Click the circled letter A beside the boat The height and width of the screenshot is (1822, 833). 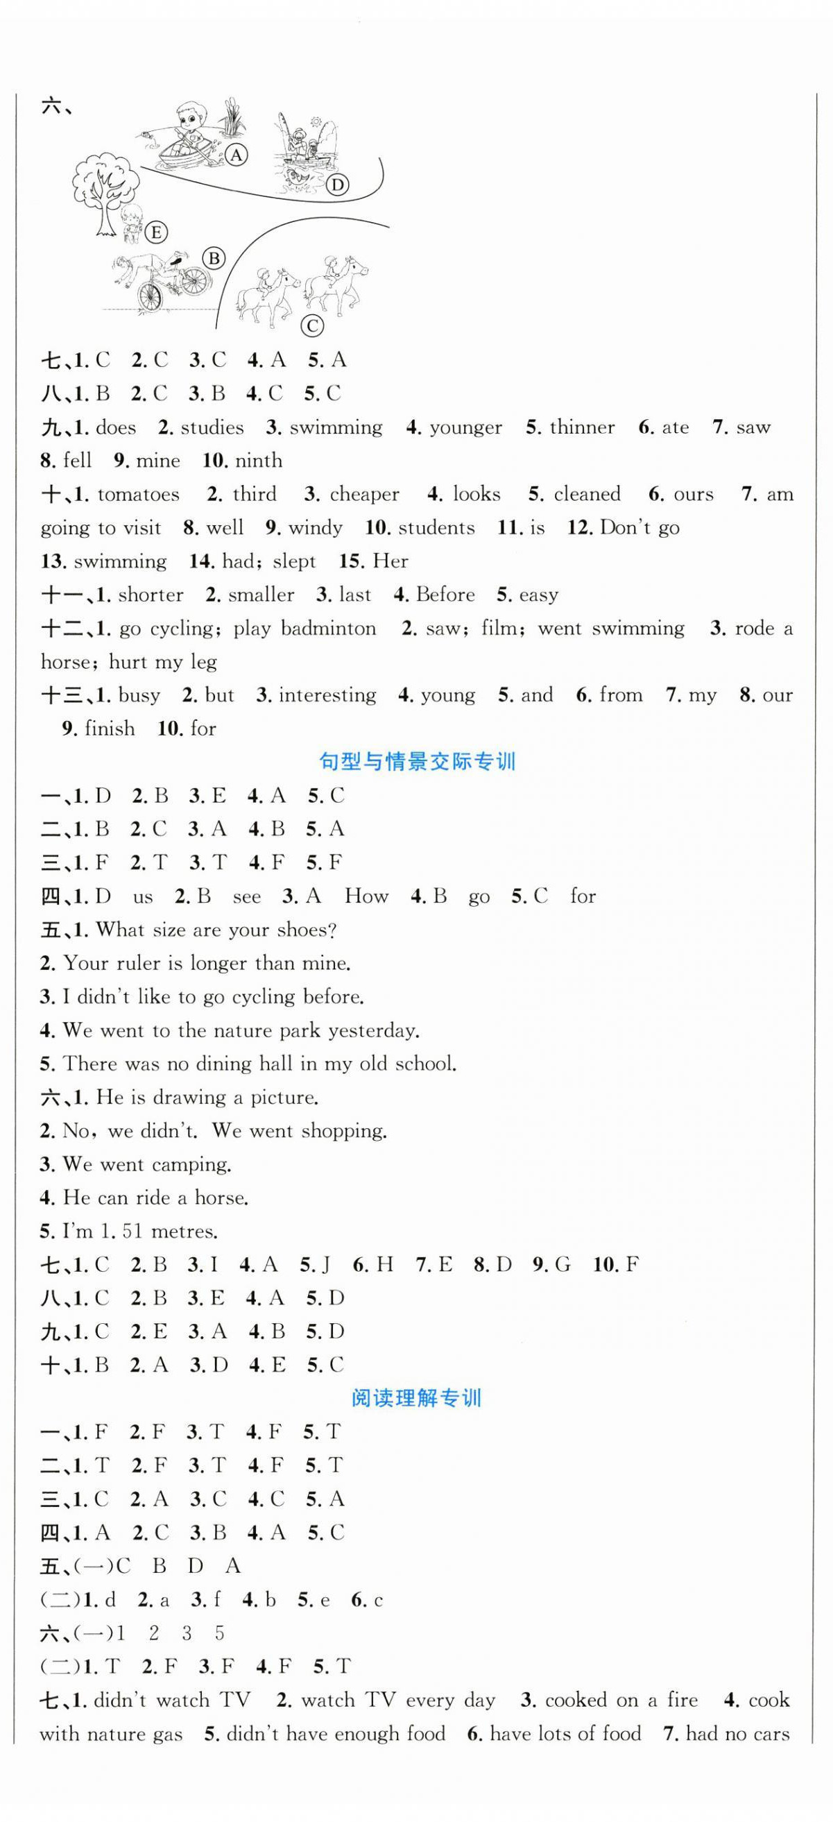point(237,155)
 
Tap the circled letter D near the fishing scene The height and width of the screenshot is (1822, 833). point(337,185)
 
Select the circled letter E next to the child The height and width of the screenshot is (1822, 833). point(156,232)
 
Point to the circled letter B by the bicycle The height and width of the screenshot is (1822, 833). point(214,259)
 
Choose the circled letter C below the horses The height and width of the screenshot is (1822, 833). point(312,326)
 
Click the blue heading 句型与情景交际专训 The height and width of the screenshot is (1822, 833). point(418,762)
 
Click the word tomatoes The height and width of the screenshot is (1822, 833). point(138,495)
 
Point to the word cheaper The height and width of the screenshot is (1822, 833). point(364,495)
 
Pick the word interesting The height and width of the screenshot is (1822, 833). point(327,695)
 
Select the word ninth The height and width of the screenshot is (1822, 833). point(259,461)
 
